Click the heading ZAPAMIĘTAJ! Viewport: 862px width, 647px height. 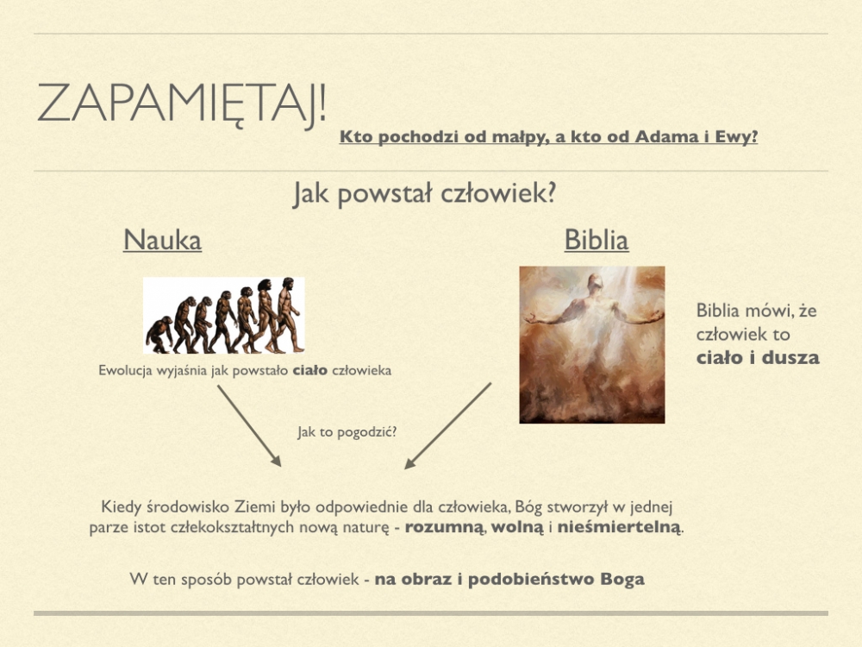[182, 104]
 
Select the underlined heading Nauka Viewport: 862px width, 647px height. [162, 240]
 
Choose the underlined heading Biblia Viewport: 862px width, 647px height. [597, 240]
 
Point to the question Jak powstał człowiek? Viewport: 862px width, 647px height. [424, 193]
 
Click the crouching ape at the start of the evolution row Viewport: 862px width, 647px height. [159, 335]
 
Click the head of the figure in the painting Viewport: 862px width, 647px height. [594, 283]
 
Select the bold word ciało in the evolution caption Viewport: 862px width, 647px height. [310, 370]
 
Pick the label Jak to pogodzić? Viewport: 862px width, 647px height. [347, 432]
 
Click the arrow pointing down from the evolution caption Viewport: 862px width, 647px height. [249, 426]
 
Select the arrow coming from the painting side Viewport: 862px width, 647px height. [448, 426]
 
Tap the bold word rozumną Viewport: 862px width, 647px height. [444, 527]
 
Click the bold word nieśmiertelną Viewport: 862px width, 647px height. [619, 527]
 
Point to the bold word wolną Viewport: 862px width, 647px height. [516, 527]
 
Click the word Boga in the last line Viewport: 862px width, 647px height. [622, 580]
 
